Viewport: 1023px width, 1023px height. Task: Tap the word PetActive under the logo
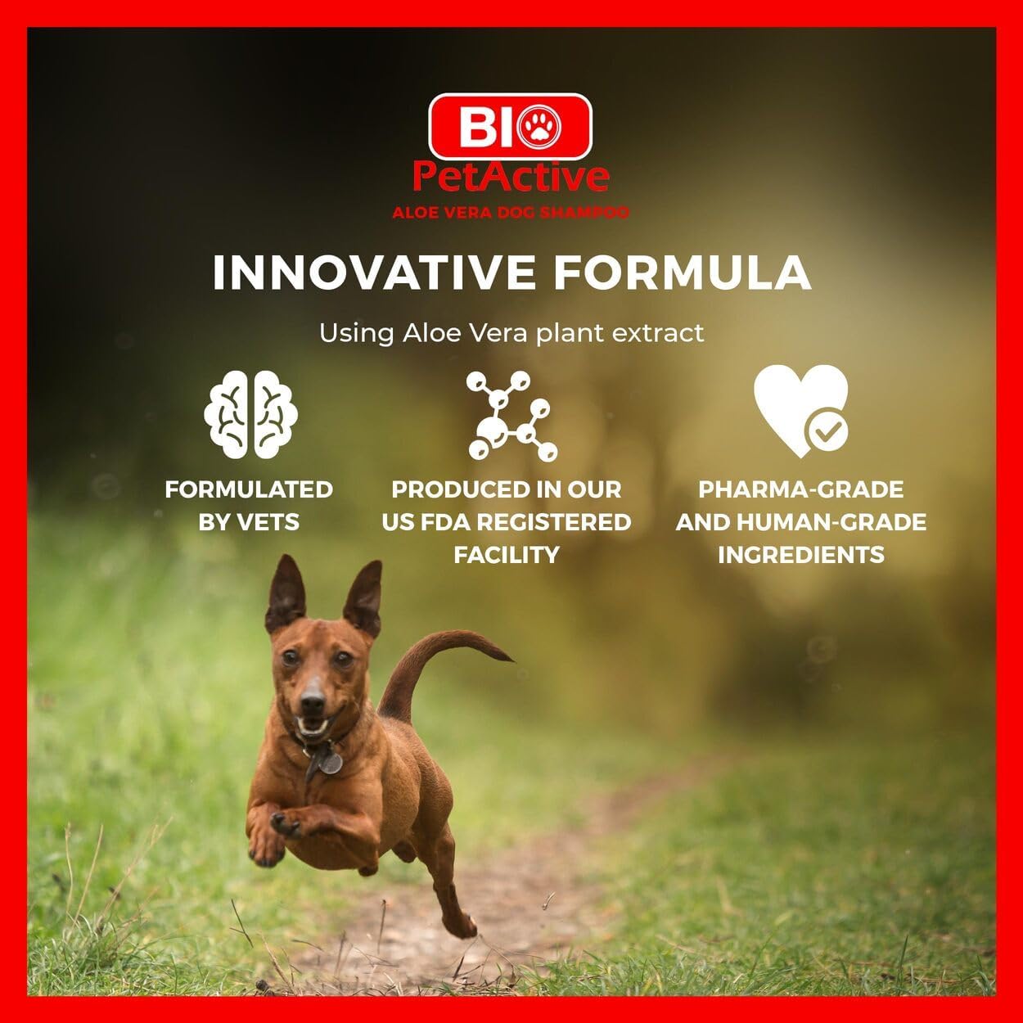click(511, 176)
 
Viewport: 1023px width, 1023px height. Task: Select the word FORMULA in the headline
click(683, 273)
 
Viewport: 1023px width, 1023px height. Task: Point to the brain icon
click(250, 414)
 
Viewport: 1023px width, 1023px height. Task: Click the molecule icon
click(511, 415)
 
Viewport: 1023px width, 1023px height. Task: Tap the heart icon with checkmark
click(800, 411)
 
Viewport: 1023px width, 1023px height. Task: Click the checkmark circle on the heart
click(827, 431)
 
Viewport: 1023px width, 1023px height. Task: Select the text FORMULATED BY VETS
click(249, 506)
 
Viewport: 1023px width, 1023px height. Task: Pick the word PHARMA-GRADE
click(800, 489)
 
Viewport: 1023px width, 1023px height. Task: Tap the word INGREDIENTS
click(800, 555)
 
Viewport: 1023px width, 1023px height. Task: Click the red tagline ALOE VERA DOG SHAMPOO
click(511, 213)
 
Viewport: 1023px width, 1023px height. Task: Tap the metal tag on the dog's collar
click(329, 762)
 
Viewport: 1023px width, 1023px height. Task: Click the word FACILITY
click(507, 555)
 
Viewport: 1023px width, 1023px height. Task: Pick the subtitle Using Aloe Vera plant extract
click(511, 333)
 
